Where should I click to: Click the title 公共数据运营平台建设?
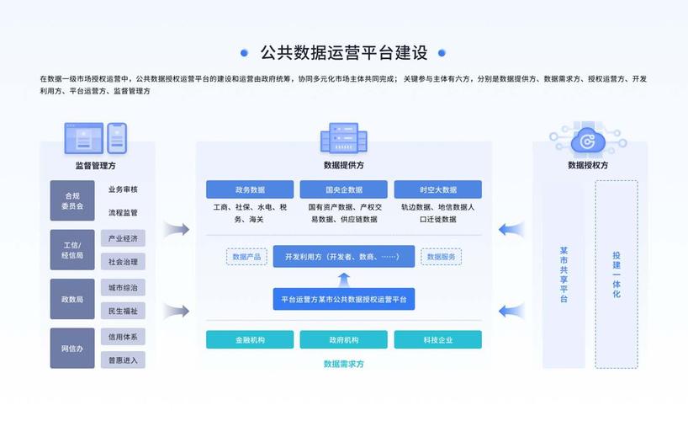tap(343, 53)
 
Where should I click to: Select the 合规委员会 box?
tap(72, 200)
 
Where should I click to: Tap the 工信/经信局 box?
tap(72, 249)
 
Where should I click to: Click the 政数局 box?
tap(72, 299)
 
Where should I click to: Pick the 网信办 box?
tap(72, 348)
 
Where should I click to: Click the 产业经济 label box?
tap(123, 238)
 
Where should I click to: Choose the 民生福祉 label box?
tap(123, 311)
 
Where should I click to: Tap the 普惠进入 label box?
tap(123, 360)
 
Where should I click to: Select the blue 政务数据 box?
tap(250, 189)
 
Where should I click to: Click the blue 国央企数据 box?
tap(343, 189)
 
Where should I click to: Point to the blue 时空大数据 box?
tap(437, 189)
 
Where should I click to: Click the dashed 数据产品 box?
tap(246, 256)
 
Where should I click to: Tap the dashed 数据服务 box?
tap(441, 256)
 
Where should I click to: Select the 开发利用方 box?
tap(343, 256)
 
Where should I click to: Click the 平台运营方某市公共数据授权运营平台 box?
tap(343, 299)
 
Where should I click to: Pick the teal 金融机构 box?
tap(250, 339)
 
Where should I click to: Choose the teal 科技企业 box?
tap(437, 339)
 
